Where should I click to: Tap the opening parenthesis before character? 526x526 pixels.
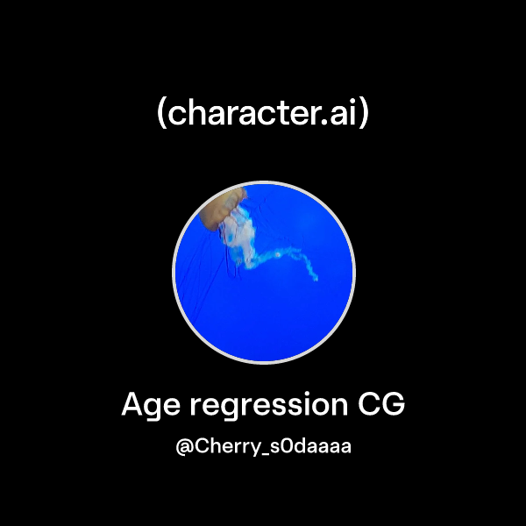[x=161, y=115]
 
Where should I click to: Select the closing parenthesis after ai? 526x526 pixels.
[x=364, y=115]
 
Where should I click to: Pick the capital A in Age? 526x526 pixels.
[x=133, y=404]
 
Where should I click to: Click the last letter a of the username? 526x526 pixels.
[x=345, y=448]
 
